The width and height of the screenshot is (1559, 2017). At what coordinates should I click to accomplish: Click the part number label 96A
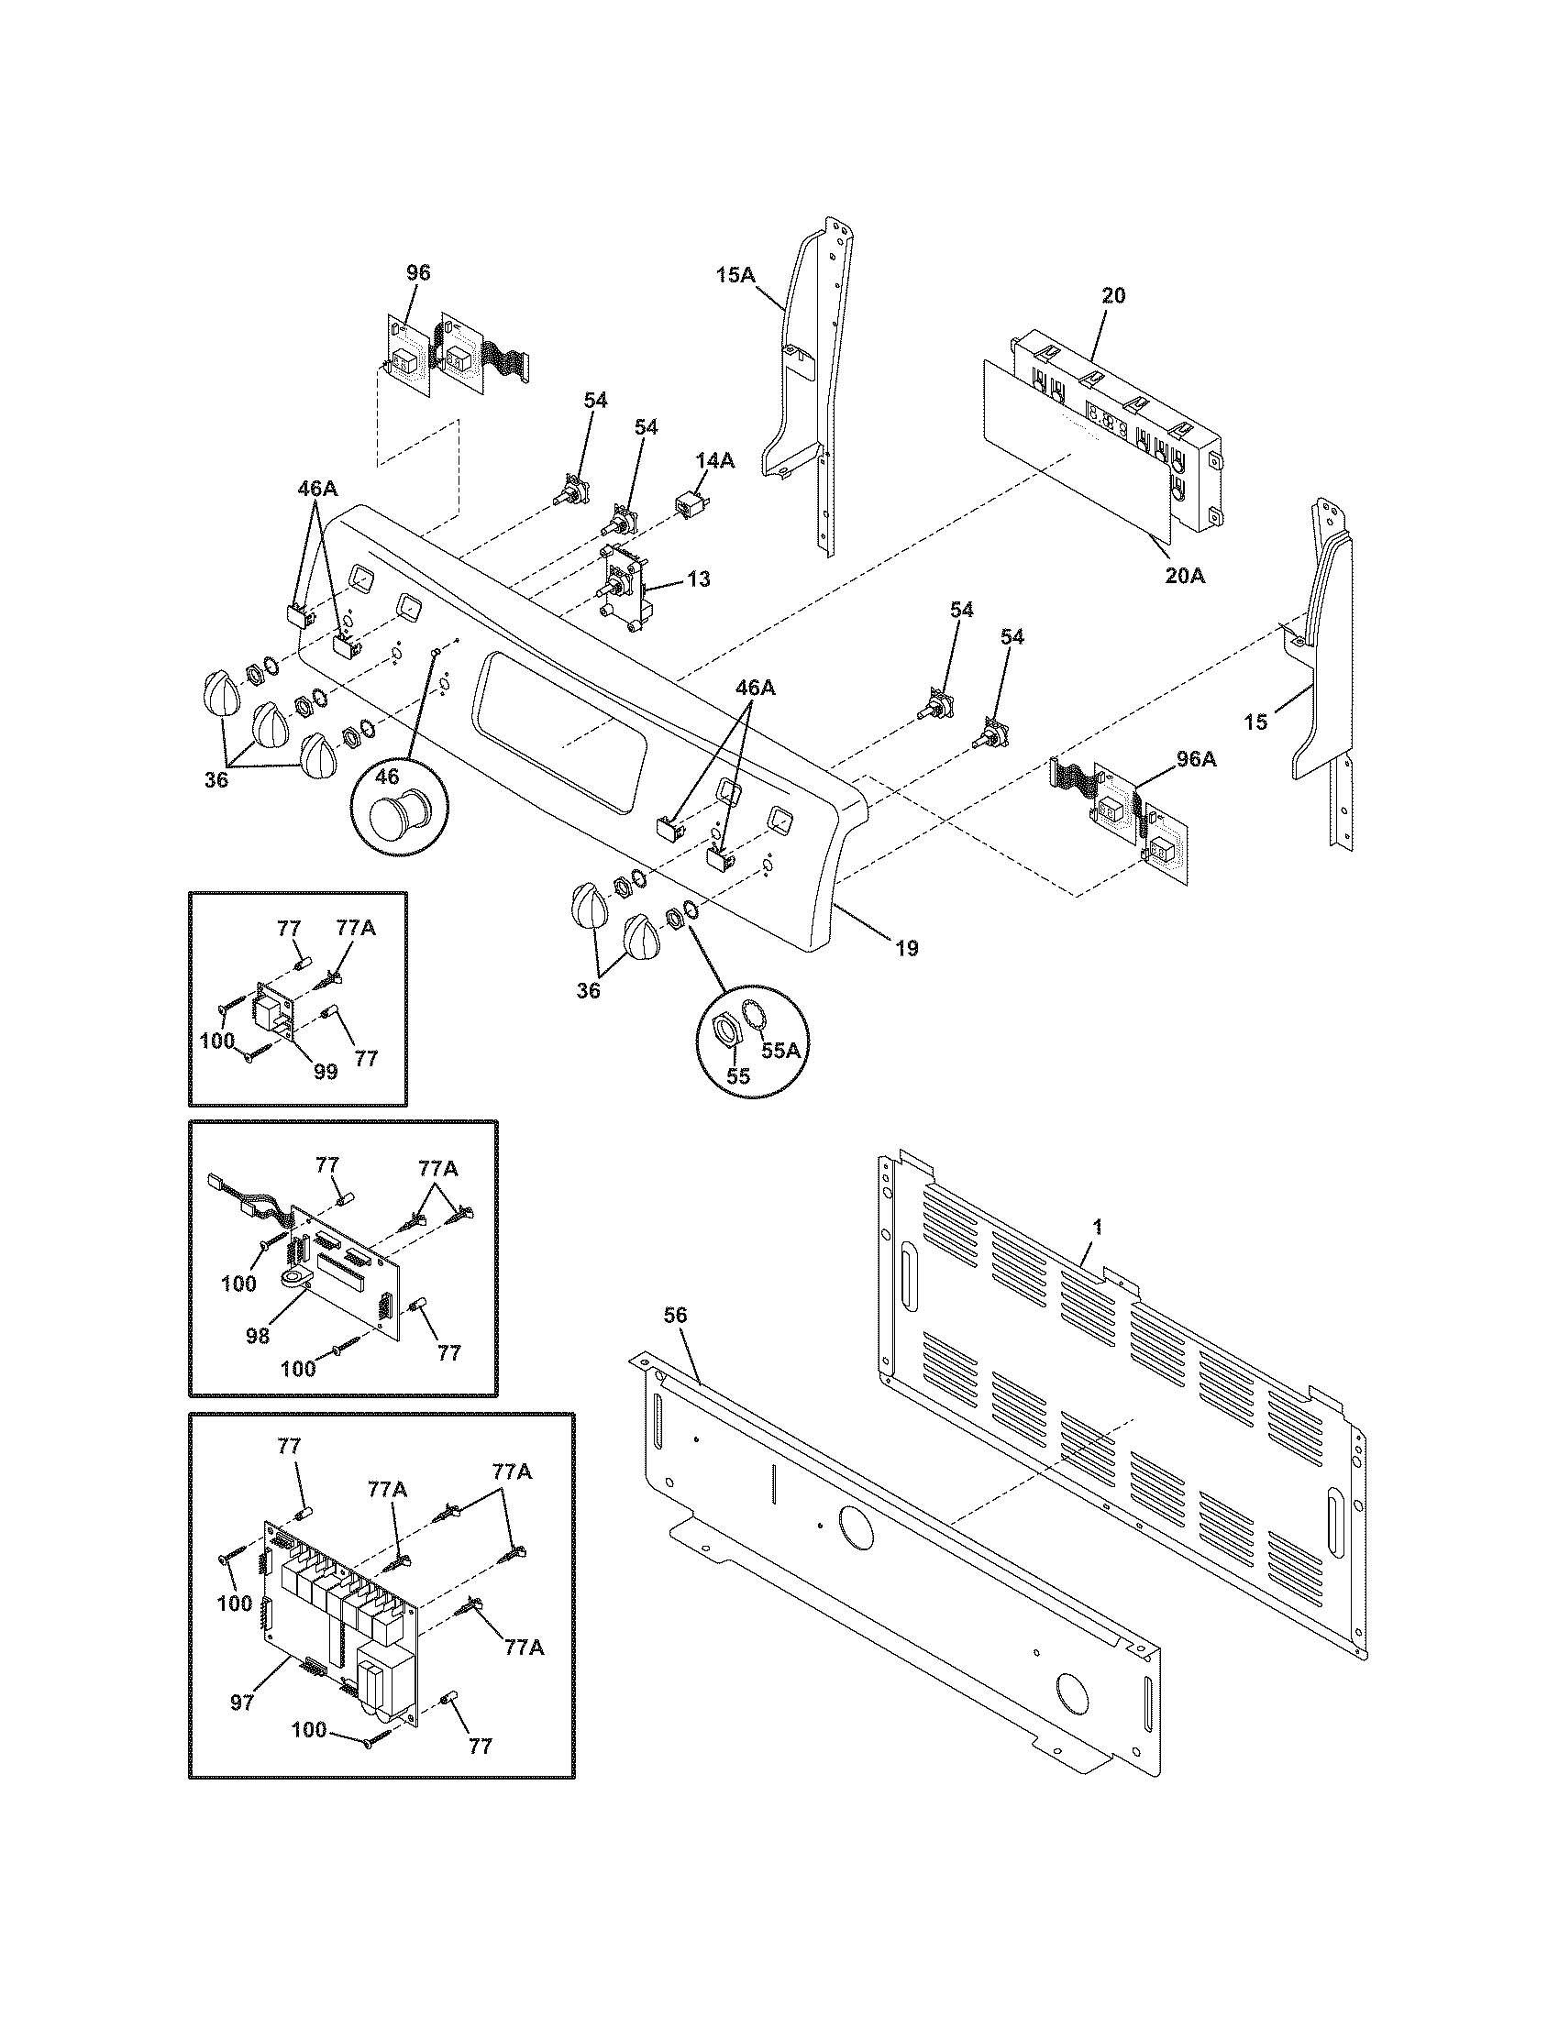coord(1196,759)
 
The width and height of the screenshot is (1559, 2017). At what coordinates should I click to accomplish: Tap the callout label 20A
coord(1186,577)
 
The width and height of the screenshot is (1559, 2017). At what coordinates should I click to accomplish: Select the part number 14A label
coord(715,461)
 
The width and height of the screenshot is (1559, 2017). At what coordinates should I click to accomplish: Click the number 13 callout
coord(699,579)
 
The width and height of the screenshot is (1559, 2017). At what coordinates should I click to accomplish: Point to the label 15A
coord(735,274)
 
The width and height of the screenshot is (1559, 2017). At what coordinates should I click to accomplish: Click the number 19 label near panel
coord(907,948)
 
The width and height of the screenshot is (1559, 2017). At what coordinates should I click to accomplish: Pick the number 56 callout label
coord(676,1315)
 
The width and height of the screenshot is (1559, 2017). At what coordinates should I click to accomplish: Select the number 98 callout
coord(258,1336)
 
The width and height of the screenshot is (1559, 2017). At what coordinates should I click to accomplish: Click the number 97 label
coord(242,1703)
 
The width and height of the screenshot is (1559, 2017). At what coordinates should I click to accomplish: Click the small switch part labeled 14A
coord(687,507)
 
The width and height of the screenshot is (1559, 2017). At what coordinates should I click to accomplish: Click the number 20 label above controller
coord(1114,295)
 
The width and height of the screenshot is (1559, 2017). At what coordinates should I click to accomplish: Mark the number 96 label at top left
coord(418,272)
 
